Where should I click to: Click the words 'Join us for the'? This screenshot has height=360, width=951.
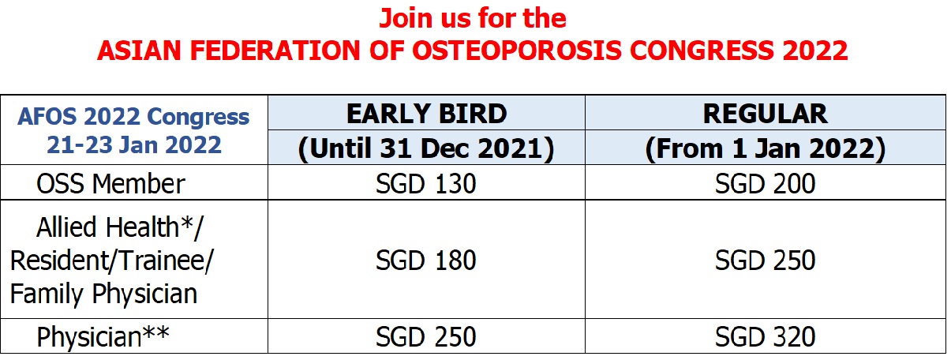473,19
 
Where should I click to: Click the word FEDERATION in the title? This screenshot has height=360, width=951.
275,51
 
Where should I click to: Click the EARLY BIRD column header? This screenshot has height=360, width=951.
427,114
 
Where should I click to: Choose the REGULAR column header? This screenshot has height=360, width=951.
765,114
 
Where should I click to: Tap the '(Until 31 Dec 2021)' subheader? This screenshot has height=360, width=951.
426,148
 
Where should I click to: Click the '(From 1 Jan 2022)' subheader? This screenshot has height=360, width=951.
765,148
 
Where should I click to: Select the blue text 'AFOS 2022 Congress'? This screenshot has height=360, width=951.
133,117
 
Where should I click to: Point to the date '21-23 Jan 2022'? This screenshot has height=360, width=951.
133,145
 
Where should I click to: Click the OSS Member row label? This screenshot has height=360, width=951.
110,184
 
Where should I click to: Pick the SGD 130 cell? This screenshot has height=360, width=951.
426,184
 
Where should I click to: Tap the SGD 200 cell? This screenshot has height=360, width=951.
765,184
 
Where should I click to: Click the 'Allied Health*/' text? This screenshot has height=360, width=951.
120,227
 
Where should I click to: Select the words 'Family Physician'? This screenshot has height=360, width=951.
103,294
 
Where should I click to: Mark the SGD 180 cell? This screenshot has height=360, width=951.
426,261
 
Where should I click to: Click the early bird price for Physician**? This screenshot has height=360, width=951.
426,337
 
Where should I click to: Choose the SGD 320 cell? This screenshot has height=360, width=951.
765,337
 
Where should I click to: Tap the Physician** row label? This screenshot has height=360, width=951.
103,337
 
